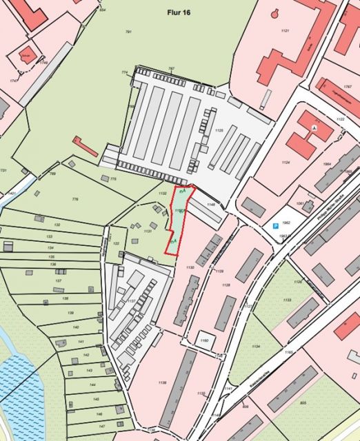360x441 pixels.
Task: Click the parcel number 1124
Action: (x=286, y=163)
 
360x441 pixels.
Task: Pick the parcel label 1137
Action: (x=130, y=300)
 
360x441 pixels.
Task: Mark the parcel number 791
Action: (x=128, y=32)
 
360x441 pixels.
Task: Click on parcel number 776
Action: (x=75, y=199)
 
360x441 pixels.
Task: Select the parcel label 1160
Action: (x=203, y=340)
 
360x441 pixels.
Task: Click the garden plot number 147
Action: (x=101, y=427)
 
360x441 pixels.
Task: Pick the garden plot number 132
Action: (x=58, y=225)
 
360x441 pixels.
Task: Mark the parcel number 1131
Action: (x=147, y=232)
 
